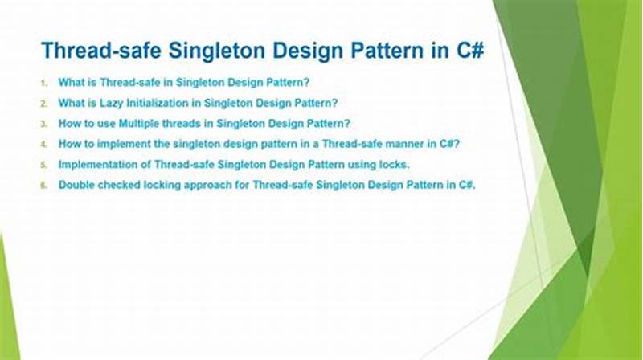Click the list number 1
coord(44,83)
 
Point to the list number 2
coord(44,104)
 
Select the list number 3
coord(44,125)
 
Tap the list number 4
coord(44,145)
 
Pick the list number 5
coord(44,165)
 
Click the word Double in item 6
coord(77,185)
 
